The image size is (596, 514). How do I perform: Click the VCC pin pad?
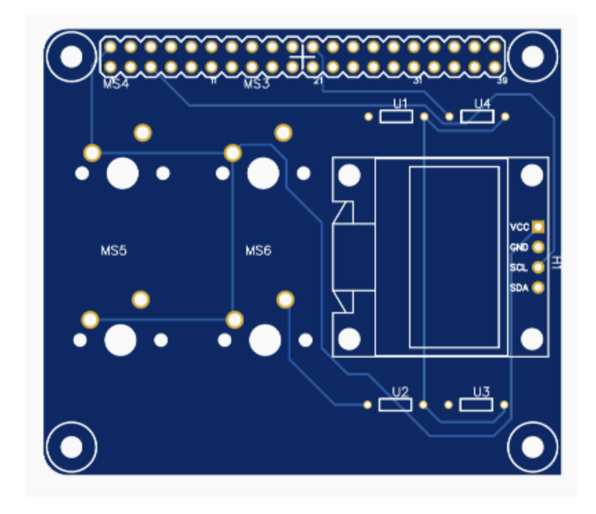(538, 227)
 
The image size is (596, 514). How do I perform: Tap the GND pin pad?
(538, 247)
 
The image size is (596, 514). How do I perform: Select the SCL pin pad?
(538, 267)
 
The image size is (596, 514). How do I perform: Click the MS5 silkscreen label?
(114, 251)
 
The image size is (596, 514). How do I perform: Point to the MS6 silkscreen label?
(259, 251)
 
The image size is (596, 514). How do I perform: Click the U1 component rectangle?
(396, 116)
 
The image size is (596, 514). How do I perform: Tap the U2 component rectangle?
(396, 404)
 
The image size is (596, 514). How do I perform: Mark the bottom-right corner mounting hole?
(532, 447)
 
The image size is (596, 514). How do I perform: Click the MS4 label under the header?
(116, 85)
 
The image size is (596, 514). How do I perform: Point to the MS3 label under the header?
(257, 85)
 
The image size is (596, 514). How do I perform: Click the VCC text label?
(519, 227)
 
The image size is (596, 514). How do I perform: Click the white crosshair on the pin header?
(302, 56)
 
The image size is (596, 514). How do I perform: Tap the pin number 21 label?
(318, 81)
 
